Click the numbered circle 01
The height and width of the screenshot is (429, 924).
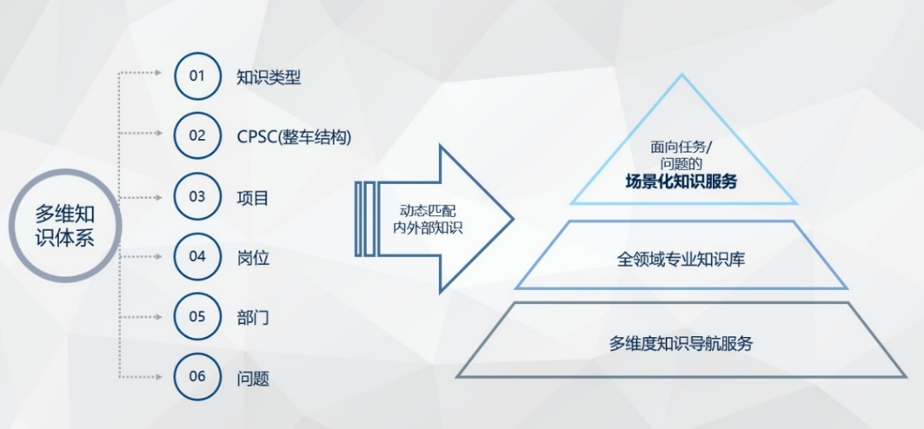[198, 77]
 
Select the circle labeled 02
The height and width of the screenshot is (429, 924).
[198, 135]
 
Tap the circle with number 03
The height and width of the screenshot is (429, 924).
[198, 197]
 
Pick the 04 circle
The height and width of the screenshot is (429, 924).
[198, 257]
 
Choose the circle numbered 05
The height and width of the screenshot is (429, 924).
[198, 317]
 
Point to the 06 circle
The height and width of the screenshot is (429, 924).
[198, 377]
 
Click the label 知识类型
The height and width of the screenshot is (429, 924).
[268, 78]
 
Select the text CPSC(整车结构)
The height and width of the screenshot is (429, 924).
[294, 136]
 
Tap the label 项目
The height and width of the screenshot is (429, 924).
[253, 198]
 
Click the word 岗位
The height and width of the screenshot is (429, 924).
[253, 258]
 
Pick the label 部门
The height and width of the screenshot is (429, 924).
[253, 318]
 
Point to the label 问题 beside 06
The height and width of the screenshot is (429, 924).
[253, 378]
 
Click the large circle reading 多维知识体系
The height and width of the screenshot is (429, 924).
[65, 225]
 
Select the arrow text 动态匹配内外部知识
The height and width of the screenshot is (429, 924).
[427, 219]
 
